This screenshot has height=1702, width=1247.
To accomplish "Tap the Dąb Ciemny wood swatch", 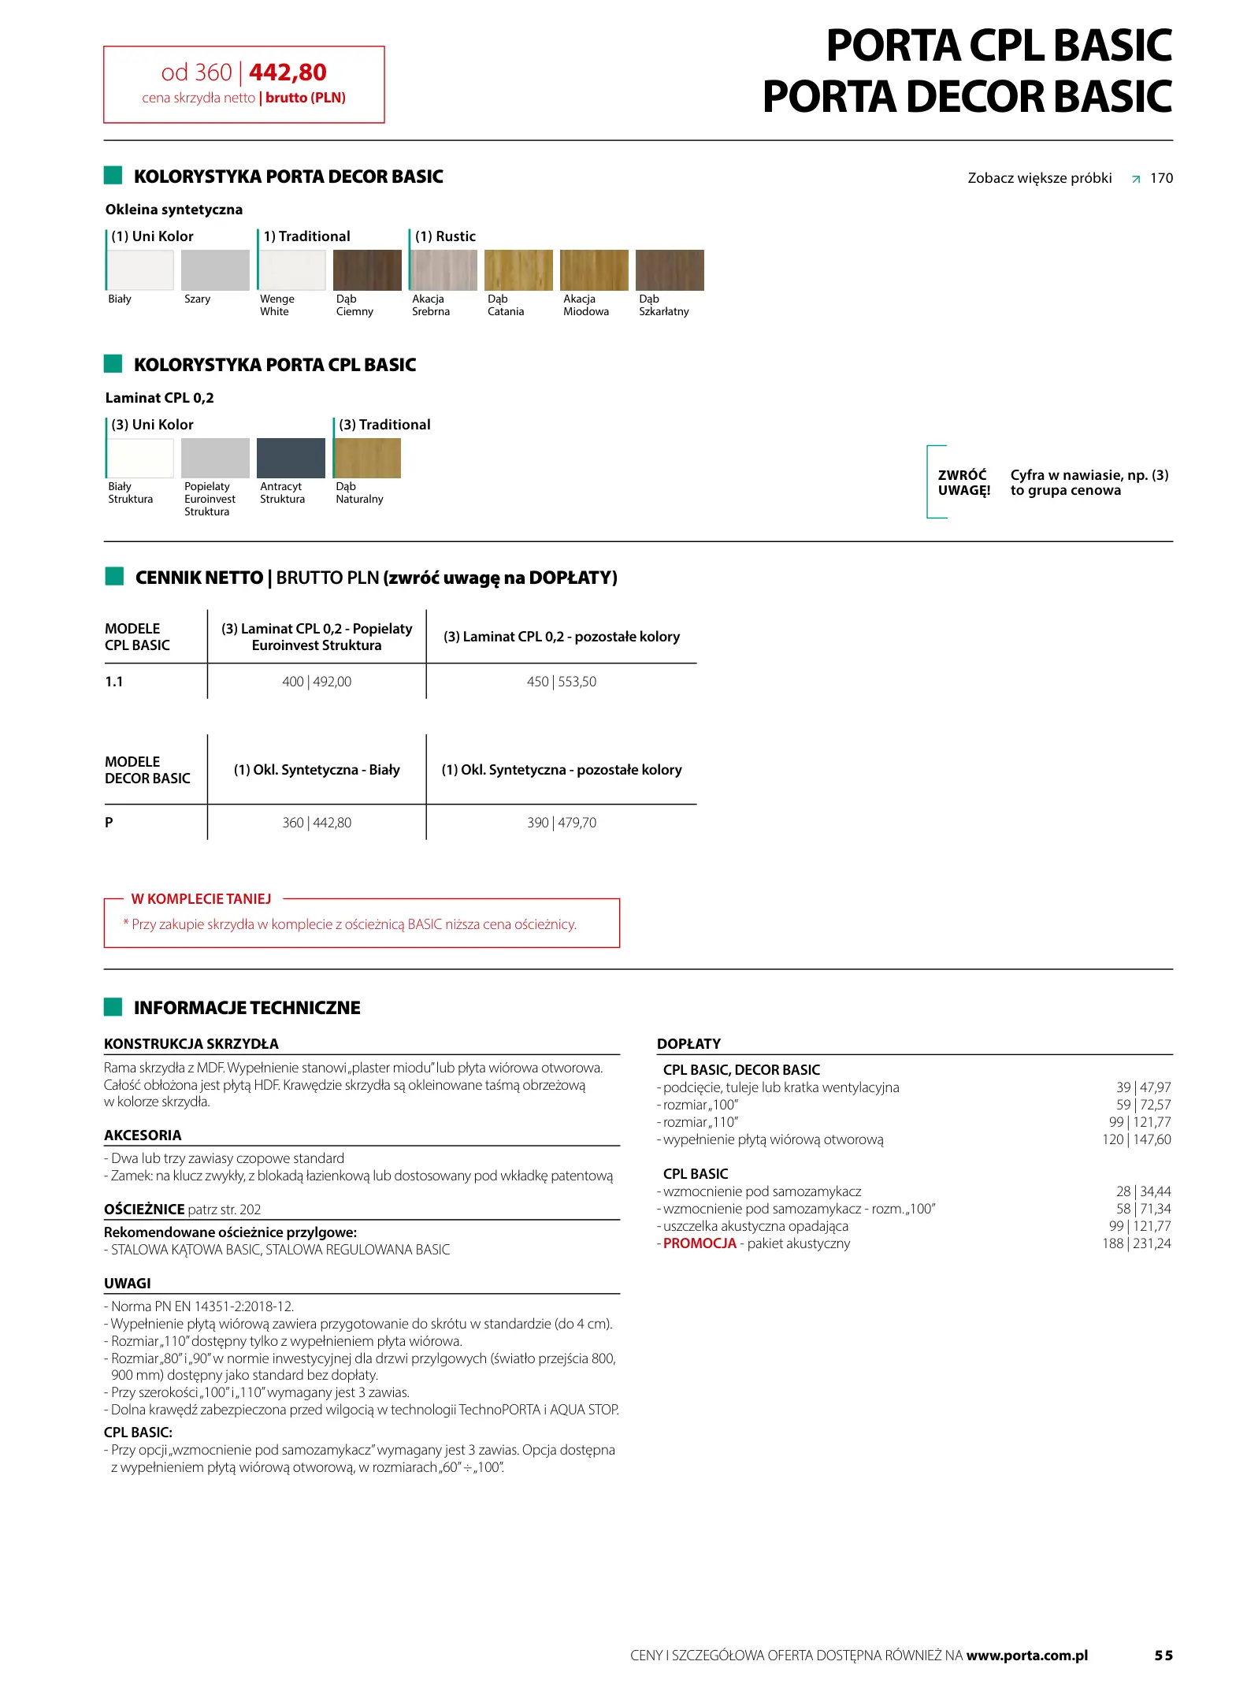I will (x=367, y=270).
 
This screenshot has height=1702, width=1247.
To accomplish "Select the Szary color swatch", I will (x=215, y=270).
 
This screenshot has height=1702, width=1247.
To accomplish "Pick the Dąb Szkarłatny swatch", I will (x=670, y=270).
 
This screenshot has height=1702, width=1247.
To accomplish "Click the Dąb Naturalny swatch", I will (x=367, y=458).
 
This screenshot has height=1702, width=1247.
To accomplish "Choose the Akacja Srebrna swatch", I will (x=443, y=270).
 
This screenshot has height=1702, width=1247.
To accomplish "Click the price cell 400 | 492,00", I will (x=317, y=682).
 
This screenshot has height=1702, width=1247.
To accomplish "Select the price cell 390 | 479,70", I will (x=562, y=823).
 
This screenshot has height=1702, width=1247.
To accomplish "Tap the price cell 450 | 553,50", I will (x=562, y=682).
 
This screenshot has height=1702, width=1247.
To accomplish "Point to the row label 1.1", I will (x=114, y=682).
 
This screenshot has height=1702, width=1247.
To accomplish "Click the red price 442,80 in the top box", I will (x=288, y=72).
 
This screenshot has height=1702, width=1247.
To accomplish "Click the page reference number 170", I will (x=1161, y=178).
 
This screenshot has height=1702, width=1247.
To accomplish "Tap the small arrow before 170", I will (x=1136, y=180).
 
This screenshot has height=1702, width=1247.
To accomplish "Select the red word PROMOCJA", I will (x=700, y=1243).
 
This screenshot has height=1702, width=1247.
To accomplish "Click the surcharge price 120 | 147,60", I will (x=1137, y=1139).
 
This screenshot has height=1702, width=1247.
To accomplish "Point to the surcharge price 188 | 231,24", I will (x=1137, y=1243).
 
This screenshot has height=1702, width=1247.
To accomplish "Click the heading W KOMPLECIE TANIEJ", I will (x=201, y=899).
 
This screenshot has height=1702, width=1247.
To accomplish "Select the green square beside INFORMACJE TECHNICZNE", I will (x=113, y=1007).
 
